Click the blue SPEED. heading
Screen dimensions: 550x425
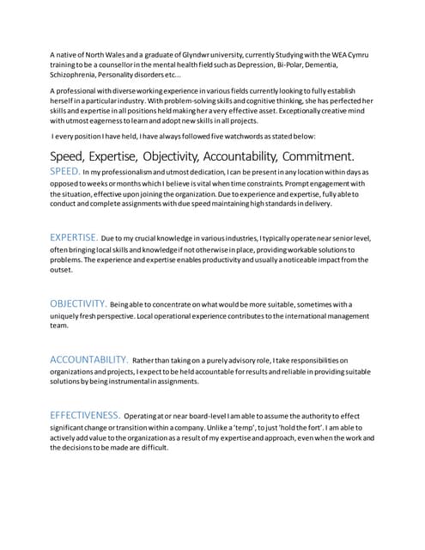point(65,172)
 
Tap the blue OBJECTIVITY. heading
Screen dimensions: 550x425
point(78,303)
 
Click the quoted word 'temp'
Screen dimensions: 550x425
point(263,427)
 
